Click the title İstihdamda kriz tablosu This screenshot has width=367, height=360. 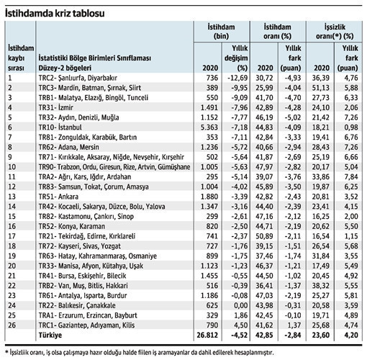click(x=55, y=14)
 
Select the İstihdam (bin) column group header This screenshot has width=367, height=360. click(x=221, y=32)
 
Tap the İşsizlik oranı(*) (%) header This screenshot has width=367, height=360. click(x=335, y=32)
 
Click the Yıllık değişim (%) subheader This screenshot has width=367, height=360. click(x=236, y=58)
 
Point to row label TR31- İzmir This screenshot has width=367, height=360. click(x=56, y=107)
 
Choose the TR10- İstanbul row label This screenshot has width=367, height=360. click(x=60, y=127)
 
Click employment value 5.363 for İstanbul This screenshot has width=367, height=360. click(x=209, y=127)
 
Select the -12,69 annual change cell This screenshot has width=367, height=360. click(x=236, y=78)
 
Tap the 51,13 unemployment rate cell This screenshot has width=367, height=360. click(x=321, y=88)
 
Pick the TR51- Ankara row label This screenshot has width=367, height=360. click(x=58, y=197)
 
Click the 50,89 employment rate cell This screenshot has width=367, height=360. click(x=264, y=236)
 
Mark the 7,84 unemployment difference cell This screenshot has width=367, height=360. click(x=351, y=176)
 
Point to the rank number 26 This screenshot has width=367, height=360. click(x=12, y=325)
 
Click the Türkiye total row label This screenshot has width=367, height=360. click(x=50, y=335)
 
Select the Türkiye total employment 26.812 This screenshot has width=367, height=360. click(x=207, y=335)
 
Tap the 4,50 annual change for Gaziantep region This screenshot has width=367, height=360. click(x=241, y=325)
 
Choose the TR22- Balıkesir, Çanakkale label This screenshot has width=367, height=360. click(x=77, y=305)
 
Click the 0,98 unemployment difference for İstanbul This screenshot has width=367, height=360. click(x=351, y=127)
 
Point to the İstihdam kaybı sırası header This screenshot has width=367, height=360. click(x=21, y=58)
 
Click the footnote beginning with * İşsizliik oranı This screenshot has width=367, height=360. click(x=139, y=353)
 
